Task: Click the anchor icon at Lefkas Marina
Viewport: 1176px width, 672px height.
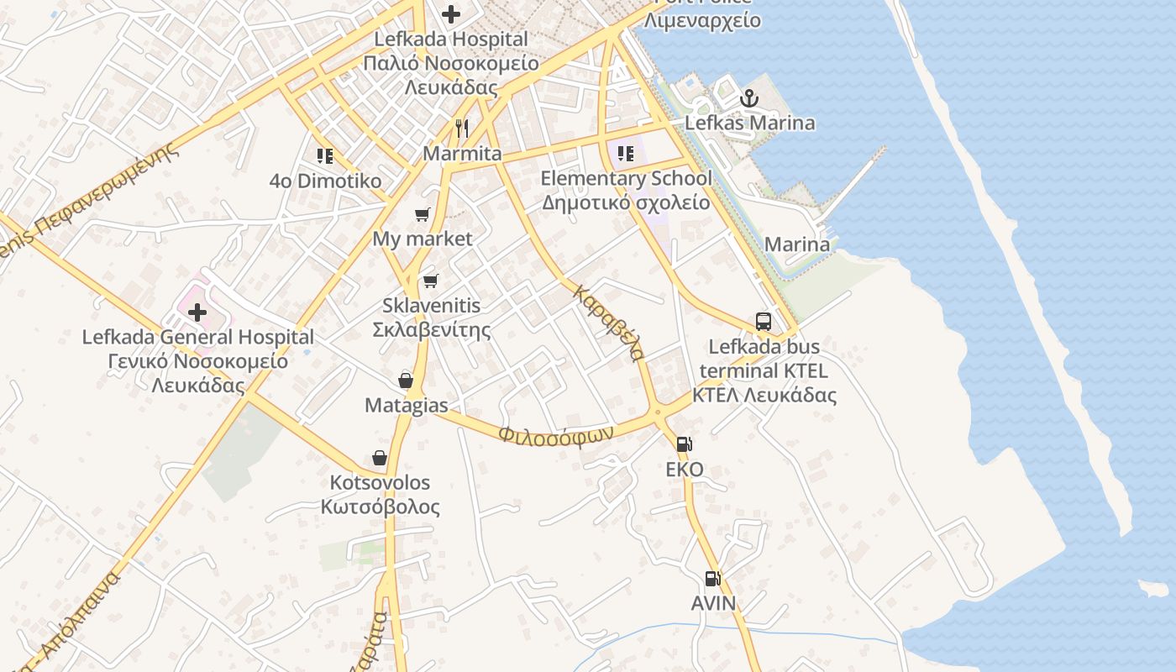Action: click(x=748, y=99)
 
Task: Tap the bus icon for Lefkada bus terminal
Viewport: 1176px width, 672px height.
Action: click(x=763, y=322)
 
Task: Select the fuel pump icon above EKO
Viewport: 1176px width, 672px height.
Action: click(x=685, y=445)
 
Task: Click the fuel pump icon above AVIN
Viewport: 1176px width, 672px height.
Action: click(x=712, y=579)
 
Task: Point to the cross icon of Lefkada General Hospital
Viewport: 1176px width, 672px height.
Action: click(x=197, y=313)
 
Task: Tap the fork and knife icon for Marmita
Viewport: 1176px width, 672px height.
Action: click(x=461, y=129)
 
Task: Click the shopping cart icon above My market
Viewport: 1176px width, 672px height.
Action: click(x=423, y=215)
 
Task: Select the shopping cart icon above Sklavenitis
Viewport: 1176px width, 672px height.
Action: click(x=431, y=281)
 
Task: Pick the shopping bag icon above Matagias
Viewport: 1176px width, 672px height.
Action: click(x=406, y=381)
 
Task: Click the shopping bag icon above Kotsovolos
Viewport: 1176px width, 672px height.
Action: click(x=380, y=458)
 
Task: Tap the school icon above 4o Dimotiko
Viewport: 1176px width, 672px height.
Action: click(x=325, y=156)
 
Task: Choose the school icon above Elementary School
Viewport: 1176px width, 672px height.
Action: click(x=626, y=154)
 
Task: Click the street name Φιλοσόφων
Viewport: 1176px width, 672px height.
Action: click(x=555, y=433)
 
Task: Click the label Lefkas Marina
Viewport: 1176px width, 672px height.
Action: click(x=749, y=123)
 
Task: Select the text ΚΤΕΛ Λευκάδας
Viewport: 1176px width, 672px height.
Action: click(x=764, y=395)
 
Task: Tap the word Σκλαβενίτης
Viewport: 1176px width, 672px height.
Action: click(x=431, y=329)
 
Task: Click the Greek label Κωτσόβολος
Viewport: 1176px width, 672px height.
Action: click(x=380, y=507)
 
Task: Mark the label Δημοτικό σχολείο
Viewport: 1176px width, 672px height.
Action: click(x=626, y=202)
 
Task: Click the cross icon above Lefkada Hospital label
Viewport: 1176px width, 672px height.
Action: click(x=451, y=14)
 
